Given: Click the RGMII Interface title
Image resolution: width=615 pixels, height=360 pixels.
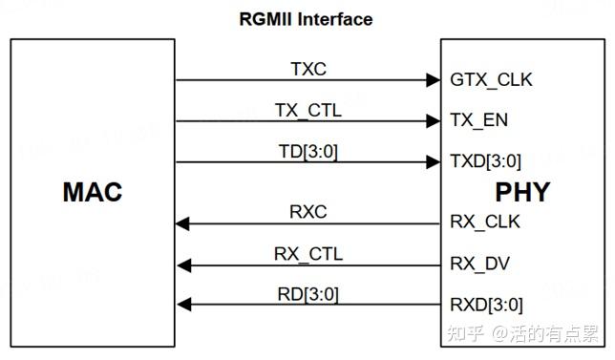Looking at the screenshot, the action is (x=306, y=19).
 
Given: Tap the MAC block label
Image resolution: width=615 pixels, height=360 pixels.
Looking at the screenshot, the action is (x=93, y=192).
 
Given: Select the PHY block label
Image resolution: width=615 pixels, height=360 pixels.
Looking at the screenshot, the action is (x=522, y=192).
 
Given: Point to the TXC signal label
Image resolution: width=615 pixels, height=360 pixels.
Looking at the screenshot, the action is (x=308, y=69).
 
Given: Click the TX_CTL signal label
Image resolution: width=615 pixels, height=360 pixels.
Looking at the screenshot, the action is (x=308, y=111).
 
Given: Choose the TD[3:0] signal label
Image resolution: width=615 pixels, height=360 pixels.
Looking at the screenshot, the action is (x=308, y=152).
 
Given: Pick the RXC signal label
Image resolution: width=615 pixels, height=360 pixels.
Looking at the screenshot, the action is (x=308, y=212).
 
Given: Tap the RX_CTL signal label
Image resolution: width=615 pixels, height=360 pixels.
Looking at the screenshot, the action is (x=308, y=254).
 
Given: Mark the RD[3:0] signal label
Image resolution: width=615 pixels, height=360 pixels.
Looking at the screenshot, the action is (x=308, y=294).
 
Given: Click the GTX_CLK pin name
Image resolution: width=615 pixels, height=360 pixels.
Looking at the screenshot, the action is (x=491, y=80).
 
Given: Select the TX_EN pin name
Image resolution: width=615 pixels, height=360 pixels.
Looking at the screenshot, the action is (x=478, y=120).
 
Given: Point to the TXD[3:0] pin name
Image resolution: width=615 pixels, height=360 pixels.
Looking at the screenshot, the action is (x=485, y=161).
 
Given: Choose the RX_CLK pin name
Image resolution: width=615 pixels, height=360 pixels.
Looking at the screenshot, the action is (x=485, y=222).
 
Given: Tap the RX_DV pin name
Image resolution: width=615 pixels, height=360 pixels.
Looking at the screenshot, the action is (x=479, y=264).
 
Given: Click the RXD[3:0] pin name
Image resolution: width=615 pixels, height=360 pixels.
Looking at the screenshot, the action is (x=486, y=305).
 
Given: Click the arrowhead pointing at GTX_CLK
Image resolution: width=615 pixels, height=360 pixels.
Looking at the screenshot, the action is (x=434, y=80).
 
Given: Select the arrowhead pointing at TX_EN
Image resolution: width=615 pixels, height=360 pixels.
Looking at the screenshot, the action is (x=434, y=121).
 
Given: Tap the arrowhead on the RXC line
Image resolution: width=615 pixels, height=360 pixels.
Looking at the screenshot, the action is (x=182, y=223).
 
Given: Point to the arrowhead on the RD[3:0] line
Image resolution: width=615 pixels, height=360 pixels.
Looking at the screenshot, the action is (x=184, y=305).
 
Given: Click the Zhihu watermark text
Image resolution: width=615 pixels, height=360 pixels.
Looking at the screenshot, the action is (x=523, y=333).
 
